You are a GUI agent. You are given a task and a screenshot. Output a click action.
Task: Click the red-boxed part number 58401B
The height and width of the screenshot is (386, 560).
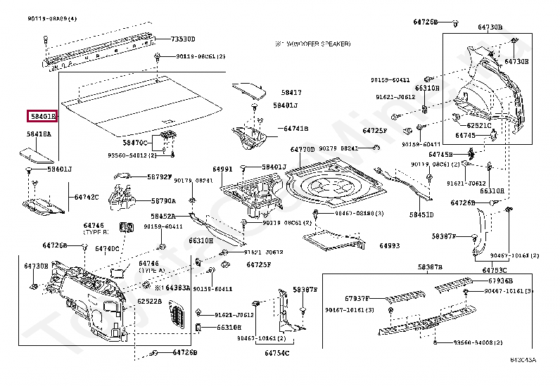[x=42, y=116]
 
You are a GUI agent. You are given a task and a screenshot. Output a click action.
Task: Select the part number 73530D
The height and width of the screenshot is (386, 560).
[x=184, y=39]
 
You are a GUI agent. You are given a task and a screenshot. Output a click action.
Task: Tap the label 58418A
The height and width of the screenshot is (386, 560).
[x=39, y=134]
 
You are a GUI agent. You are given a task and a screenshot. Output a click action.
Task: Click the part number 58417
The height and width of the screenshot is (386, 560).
[x=291, y=92]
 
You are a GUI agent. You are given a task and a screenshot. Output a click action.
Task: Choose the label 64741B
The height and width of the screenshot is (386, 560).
[x=296, y=129]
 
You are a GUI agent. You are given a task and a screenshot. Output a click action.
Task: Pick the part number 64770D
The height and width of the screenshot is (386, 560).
[x=302, y=150]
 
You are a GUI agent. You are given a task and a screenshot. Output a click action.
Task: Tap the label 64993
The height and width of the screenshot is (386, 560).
[x=389, y=245]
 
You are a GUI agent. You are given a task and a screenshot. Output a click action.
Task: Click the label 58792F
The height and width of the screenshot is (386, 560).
[x=159, y=176]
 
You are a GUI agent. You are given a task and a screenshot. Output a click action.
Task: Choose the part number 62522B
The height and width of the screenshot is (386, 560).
[x=149, y=302]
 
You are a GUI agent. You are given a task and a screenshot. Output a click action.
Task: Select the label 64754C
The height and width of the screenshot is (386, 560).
[x=277, y=353]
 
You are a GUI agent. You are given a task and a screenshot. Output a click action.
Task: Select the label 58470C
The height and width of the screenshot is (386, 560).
[x=136, y=143]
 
